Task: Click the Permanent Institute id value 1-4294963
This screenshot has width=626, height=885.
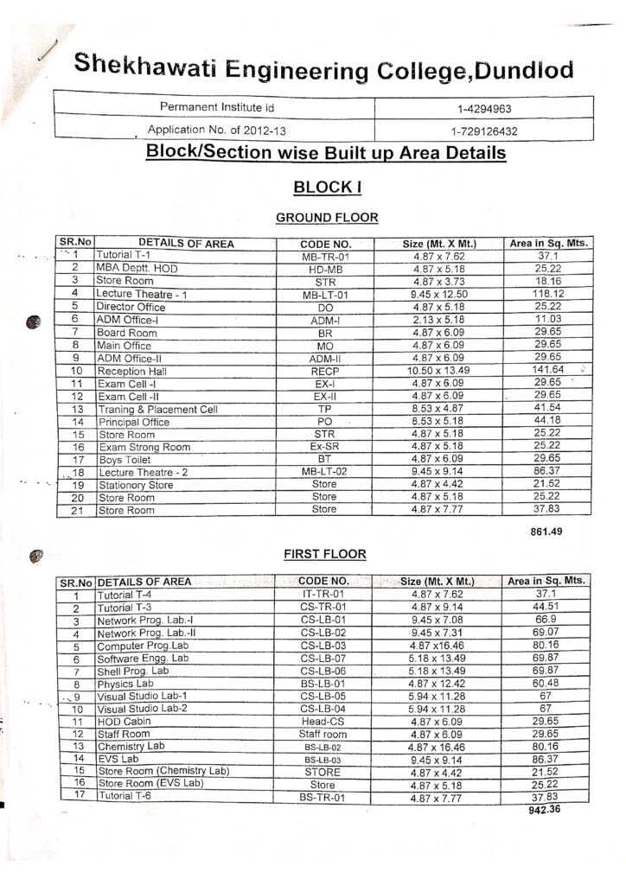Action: click(484, 110)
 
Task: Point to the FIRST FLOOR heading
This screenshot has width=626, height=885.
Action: click(326, 554)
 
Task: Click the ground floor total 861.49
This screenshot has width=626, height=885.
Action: click(546, 532)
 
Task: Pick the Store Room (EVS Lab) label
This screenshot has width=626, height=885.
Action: click(150, 784)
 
